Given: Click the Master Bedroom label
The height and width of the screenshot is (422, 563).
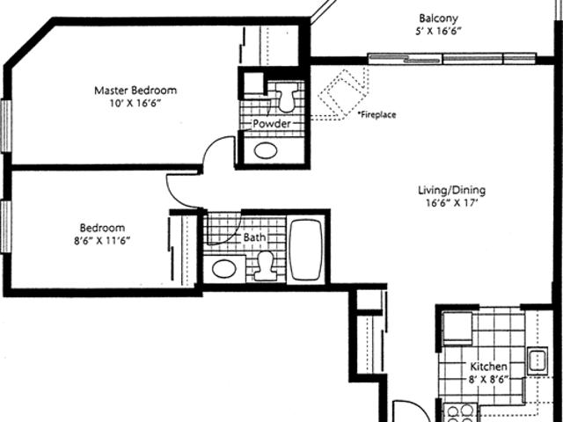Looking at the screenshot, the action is click(x=135, y=90).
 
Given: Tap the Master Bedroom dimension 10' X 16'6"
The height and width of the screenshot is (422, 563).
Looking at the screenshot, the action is click(x=135, y=104).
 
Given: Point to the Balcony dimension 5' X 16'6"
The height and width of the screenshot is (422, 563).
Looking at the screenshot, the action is click(x=438, y=32).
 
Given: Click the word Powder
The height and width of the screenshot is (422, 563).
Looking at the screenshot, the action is click(x=272, y=124).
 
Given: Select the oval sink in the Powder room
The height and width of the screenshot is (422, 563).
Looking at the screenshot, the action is click(x=266, y=150).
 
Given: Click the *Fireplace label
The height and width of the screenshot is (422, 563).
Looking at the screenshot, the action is click(x=377, y=115).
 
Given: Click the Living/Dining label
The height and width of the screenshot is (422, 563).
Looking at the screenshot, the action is click(x=451, y=190).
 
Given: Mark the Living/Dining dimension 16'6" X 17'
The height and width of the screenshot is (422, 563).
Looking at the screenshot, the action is click(x=451, y=203).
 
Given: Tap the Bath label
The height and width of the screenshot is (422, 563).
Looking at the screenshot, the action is click(x=254, y=237).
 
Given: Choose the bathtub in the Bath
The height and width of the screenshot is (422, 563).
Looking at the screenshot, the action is click(x=306, y=250).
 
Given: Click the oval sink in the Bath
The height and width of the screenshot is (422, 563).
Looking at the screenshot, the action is click(x=224, y=269).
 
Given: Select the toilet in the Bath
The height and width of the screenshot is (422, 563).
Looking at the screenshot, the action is click(x=265, y=266).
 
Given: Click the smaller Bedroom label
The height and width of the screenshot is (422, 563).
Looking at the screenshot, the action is click(x=102, y=228).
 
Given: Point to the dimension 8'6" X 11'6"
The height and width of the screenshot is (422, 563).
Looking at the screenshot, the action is click(x=102, y=240).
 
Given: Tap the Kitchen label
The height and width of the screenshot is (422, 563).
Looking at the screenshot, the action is click(x=489, y=367).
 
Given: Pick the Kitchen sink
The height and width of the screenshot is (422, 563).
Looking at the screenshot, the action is click(x=537, y=361).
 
